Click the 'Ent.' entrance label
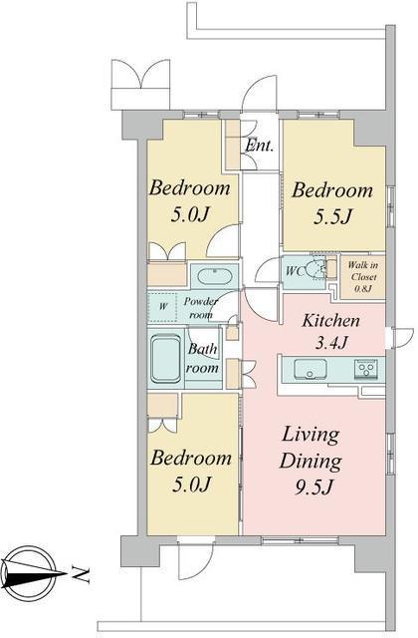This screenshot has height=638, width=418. point(259,146)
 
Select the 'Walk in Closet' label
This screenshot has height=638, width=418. point(363,270)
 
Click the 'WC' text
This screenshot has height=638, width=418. point(295,271)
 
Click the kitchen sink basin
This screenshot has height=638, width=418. point(311,369)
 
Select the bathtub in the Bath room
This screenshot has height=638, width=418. point(166,359)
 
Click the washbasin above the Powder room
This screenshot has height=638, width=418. point(215,276)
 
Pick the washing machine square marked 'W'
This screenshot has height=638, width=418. point(162,306)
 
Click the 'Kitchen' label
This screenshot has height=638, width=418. point(330,321)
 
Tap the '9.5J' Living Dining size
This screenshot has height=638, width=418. point(313,485)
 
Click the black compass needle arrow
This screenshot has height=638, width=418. point(34,574)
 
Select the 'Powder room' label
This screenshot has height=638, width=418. point(201,308)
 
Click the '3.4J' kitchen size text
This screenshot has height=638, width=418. point(331,343)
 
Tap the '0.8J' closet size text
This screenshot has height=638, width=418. point(363,289)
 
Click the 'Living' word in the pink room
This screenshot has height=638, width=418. point(311,436)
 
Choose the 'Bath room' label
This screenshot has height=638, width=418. point(202,358)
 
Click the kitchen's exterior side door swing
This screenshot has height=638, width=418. point(401,337)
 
